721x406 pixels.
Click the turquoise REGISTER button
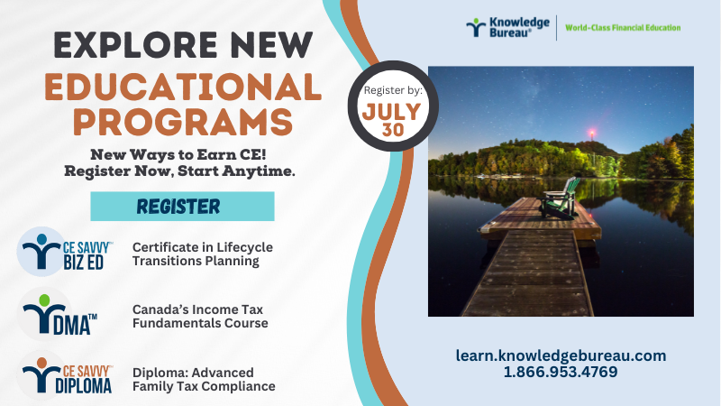pos(182,207)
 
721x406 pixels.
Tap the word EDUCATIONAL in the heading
pos(183,87)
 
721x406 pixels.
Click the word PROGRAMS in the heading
pos(183,122)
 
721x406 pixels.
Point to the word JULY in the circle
pos(392,112)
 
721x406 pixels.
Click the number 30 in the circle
pos(393,130)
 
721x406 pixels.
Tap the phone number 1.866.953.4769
pos(561,372)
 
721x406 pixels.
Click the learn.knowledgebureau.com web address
pos(561,355)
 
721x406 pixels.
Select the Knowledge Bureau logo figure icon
pos(476,28)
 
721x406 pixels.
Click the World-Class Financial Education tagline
pos(623,28)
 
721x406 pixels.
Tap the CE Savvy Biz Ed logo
pos(65,252)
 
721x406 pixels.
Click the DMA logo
pos(58,314)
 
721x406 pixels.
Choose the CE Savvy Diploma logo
pos(65,375)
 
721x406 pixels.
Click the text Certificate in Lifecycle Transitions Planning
pos(203,254)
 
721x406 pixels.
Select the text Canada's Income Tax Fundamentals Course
pos(200,317)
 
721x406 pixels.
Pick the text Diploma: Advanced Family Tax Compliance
pos(204,379)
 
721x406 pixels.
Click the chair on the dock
pos(559,198)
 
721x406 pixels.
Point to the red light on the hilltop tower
pos(592,134)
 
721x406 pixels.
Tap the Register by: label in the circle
pos(393,91)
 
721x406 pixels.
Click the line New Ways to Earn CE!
pos(178,154)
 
